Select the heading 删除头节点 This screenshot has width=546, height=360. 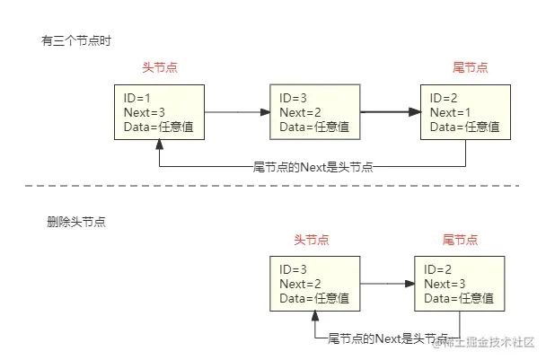click(x=76, y=221)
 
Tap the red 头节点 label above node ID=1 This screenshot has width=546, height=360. click(x=159, y=68)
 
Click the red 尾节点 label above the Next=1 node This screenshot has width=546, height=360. click(x=470, y=68)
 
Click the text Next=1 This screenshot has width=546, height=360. click(x=450, y=112)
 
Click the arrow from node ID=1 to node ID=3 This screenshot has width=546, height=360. click(x=237, y=112)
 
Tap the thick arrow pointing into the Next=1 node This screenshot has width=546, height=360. click(x=390, y=112)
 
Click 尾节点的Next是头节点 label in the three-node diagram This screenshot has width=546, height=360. click(x=313, y=166)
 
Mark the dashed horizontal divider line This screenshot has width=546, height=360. click(x=269, y=187)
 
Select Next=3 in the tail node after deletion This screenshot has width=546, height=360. click(x=445, y=284)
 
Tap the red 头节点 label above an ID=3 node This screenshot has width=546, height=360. click(x=312, y=240)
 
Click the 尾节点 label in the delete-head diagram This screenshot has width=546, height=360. click(x=460, y=240)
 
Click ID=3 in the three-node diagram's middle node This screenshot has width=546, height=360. click(x=293, y=98)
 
